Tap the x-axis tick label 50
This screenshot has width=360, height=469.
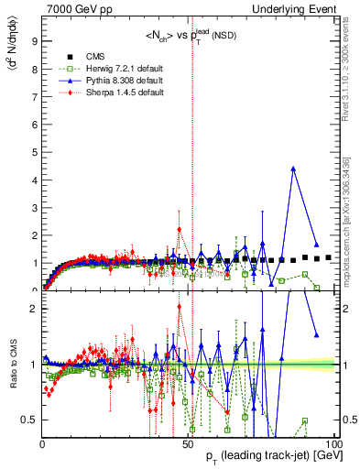click(188, 442)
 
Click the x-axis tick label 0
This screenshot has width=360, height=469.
click(42, 442)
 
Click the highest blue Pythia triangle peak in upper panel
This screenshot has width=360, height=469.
click(292, 169)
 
